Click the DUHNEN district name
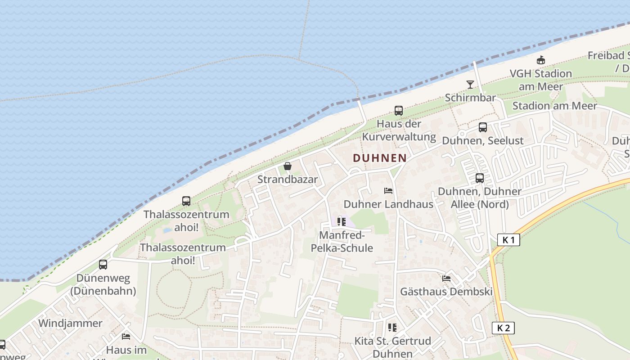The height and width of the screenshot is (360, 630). (x=380, y=158)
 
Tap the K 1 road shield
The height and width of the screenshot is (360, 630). (x=508, y=240)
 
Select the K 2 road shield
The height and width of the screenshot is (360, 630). (x=503, y=328)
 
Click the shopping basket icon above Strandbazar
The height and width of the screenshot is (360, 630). (x=288, y=166)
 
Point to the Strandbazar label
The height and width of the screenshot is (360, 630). (x=288, y=180)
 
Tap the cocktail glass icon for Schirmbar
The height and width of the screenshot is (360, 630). (x=470, y=84)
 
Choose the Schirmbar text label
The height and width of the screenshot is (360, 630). (x=470, y=98)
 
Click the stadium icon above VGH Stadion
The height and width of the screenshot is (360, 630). (x=541, y=60)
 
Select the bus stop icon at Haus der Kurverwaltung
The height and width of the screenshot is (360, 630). (x=399, y=110)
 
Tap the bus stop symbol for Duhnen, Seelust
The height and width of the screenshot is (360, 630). (x=483, y=127)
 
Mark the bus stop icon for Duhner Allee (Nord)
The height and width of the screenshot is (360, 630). (x=480, y=178)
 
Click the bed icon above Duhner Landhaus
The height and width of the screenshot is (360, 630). (x=388, y=191)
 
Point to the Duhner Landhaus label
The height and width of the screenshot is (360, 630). (x=388, y=204)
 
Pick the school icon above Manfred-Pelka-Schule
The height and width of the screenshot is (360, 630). (x=342, y=222)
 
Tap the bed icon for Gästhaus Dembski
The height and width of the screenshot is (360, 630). (x=446, y=279)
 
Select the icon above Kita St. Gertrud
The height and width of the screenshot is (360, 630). (x=392, y=328)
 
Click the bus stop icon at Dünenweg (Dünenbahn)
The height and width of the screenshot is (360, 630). (x=103, y=265)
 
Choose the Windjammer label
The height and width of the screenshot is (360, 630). (x=70, y=323)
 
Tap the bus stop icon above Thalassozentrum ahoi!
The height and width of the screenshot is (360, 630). (x=186, y=201)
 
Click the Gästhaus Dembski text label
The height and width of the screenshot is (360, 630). (x=446, y=292)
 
